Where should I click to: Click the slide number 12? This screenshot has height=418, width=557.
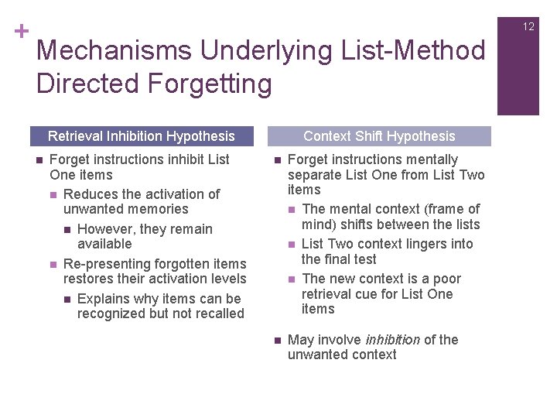[x=528, y=26]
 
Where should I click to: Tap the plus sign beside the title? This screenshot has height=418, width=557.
[x=22, y=32]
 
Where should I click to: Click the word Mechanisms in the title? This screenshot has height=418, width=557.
[x=114, y=51]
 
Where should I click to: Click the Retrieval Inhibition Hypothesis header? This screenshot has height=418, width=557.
[x=142, y=136]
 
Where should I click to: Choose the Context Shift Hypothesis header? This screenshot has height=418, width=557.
[x=379, y=136]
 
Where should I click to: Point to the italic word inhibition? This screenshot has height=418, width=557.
[x=391, y=340]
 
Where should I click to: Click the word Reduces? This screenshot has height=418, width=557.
[x=90, y=194]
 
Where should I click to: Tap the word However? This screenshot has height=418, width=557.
[x=106, y=229]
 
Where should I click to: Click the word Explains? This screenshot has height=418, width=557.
[x=104, y=299]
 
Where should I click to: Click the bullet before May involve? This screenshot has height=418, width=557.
[x=277, y=340]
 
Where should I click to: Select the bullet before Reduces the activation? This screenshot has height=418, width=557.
[x=53, y=194]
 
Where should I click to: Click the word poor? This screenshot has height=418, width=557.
[x=446, y=279]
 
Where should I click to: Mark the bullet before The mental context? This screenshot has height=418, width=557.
[x=291, y=210]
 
